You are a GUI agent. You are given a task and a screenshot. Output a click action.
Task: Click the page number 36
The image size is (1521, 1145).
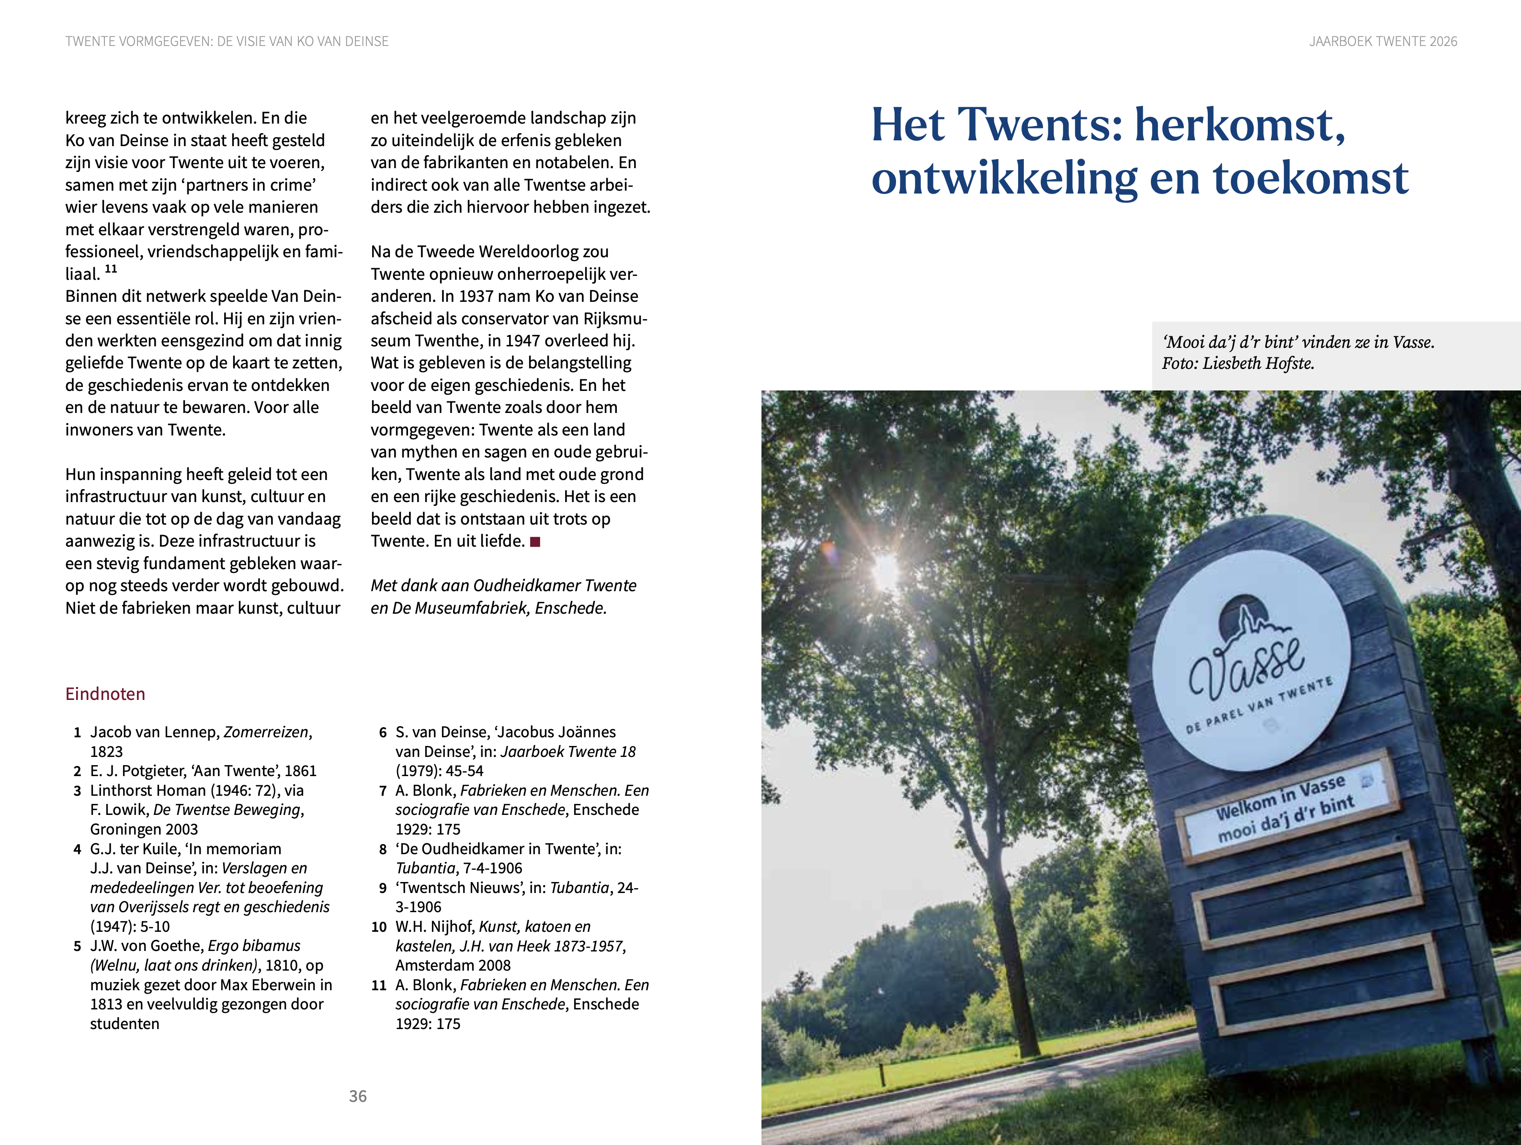click(x=358, y=1096)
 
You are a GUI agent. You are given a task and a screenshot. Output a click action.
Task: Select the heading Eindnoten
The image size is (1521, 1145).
click(x=105, y=694)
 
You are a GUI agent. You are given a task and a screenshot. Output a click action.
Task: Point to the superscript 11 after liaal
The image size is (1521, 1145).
click(x=111, y=269)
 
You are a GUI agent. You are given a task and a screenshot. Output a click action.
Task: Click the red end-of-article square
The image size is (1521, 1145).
click(x=535, y=542)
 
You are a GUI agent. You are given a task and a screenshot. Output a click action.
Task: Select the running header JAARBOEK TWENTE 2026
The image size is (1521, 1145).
click(x=1383, y=41)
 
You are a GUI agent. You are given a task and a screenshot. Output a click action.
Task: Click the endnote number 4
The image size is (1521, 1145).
click(x=78, y=849)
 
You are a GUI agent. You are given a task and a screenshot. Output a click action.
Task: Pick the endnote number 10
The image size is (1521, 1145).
click(x=379, y=927)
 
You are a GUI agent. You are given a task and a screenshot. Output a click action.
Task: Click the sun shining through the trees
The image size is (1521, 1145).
click(x=885, y=570)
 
